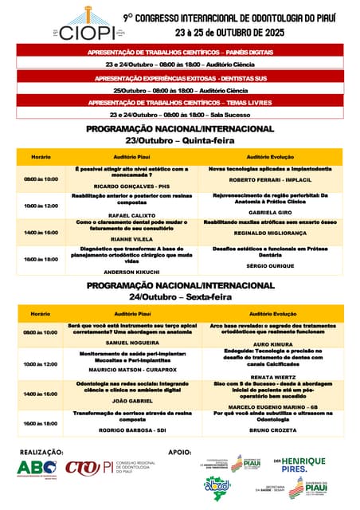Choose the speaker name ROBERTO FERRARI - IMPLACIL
pyautogui.click(x=271, y=181)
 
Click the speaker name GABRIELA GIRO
pyautogui.click(x=271, y=213)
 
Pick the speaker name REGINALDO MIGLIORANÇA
pyautogui.click(x=271, y=233)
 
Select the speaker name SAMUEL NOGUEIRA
pyautogui.click(x=132, y=342)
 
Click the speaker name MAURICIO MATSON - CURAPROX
pyautogui.click(x=132, y=371)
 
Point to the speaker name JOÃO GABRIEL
pyautogui.click(x=132, y=400)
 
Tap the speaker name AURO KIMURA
pyautogui.click(x=271, y=344)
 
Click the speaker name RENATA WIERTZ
pyautogui.click(x=271, y=376)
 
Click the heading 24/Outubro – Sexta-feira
pyautogui.click(x=180, y=296)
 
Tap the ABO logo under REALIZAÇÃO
pyautogui.click(x=37, y=468)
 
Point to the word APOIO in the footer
pyautogui.click(x=180, y=452)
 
